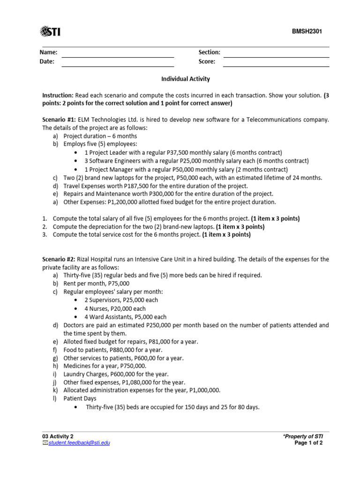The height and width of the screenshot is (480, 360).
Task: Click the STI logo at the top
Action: [x=51, y=31]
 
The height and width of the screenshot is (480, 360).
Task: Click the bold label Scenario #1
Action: [x=59, y=120]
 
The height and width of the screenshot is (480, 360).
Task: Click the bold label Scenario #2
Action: [x=59, y=259]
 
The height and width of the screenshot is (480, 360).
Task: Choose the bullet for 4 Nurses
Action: [x=77, y=309]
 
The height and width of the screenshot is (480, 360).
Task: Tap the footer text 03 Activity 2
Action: [x=58, y=436]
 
